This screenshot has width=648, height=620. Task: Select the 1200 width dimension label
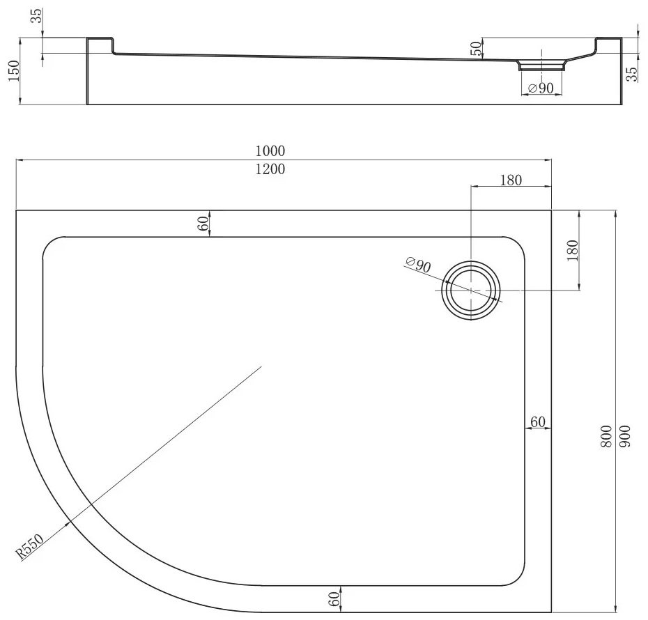pos(270,169)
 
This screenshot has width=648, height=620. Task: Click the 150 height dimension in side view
pos(12,71)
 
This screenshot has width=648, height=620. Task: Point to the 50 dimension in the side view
pos(476,49)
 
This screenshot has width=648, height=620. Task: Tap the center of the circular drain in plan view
pos(472,290)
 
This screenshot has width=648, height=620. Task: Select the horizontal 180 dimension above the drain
pos(511,180)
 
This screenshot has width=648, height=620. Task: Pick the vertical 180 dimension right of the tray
pos(573,249)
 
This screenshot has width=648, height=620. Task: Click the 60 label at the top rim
pos(203,224)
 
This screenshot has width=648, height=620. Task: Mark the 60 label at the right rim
pos(538,421)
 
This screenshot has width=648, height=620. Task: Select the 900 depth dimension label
pos(624,436)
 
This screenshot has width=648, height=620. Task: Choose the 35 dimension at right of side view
pos(632,75)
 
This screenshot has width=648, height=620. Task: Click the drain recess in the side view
pos(540,65)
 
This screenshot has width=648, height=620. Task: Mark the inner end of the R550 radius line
pos(261,366)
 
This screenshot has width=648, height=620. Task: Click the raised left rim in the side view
pos(100,45)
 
